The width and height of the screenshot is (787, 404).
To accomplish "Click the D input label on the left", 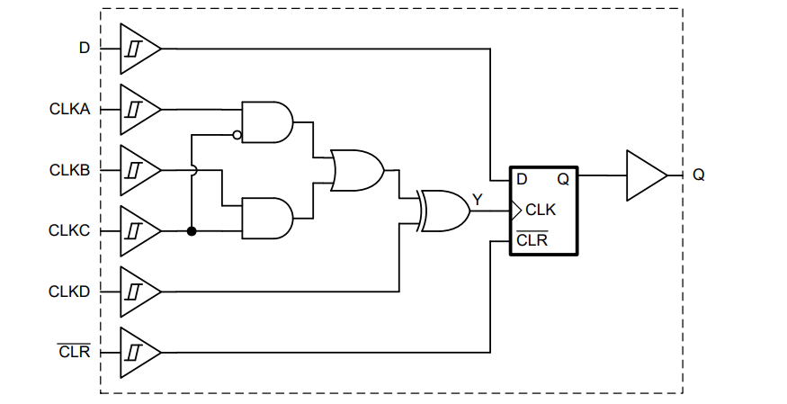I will coord(85,48).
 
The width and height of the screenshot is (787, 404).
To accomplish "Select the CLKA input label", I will coord(69,109).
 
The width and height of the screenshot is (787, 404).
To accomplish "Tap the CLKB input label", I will coord(69,170).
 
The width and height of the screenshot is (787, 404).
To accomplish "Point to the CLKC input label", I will coord(69,231).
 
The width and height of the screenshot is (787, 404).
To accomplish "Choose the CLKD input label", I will coord(69,292).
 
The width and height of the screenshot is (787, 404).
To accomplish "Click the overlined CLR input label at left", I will coord(74,352).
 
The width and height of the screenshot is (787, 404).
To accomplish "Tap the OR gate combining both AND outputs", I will coord(356,170).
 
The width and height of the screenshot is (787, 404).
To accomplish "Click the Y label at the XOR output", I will coord(477,197).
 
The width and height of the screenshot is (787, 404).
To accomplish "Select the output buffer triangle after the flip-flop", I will coord(645,175).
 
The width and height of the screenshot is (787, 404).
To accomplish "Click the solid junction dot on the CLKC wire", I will coord(192,231).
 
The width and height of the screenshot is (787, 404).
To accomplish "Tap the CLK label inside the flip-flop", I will coord(541,211).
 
